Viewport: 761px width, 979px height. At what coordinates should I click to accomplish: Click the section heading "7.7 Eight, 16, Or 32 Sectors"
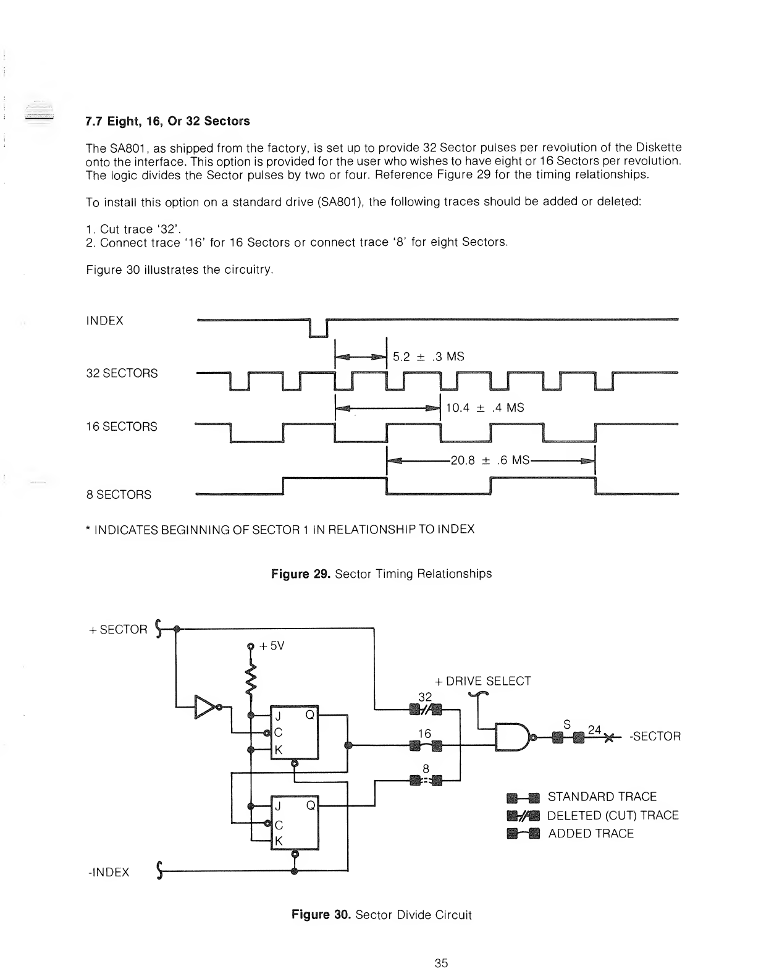pos(167,121)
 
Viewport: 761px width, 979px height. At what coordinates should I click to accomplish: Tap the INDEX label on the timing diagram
pos(105,321)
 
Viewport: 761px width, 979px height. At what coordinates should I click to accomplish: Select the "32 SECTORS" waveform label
pos(122,373)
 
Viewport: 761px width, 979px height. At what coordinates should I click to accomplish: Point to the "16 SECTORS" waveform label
pos(122,426)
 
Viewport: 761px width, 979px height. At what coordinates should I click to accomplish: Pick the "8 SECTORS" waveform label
pos(119,494)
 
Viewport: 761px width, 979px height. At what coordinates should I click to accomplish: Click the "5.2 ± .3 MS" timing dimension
pos(428,357)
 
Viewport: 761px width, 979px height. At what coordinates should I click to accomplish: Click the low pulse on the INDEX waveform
pos(317,329)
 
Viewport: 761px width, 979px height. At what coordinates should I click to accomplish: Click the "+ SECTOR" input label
pos(118,630)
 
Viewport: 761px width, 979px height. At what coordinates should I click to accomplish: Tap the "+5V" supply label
pos(271,646)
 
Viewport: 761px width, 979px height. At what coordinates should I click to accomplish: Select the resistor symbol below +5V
pos(251,679)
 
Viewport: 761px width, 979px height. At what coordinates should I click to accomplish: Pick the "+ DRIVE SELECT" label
pos(482,681)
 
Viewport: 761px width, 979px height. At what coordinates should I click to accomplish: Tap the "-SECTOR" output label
pos(655,737)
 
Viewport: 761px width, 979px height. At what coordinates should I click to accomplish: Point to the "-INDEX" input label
pos(108,872)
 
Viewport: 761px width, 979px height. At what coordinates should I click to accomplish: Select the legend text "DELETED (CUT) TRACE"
pos(613,815)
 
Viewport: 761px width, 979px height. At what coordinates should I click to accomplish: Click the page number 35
pos(441,962)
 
